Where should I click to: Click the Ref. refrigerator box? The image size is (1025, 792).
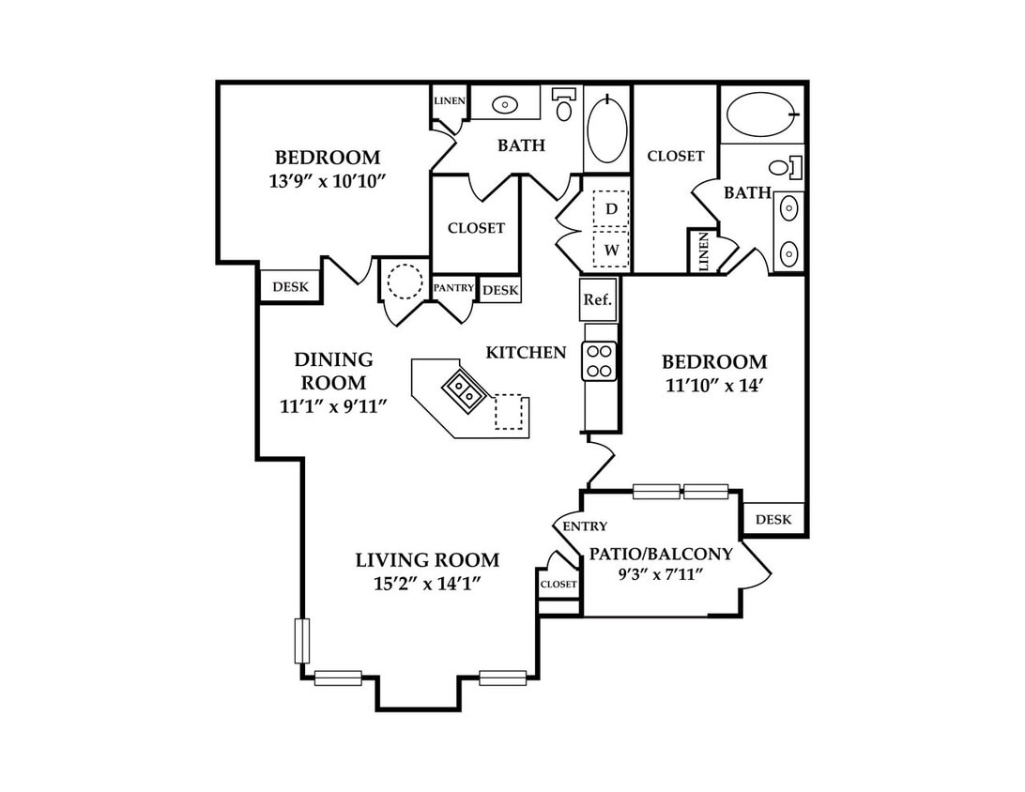point(598,298)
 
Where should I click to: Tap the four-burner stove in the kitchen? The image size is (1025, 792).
point(600,361)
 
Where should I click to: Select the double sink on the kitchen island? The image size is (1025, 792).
point(464,390)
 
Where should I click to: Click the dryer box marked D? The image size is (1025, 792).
point(611,208)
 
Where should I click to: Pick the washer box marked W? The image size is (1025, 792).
point(611,249)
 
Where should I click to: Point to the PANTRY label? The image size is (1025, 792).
point(453,287)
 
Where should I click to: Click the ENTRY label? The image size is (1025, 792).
point(585,526)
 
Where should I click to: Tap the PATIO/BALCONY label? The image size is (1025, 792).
point(661,555)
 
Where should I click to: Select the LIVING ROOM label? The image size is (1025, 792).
point(427,560)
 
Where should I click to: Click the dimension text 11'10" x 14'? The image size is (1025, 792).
point(714,386)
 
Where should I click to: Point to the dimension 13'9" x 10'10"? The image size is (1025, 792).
point(324,181)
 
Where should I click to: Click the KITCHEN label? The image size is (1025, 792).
point(527,353)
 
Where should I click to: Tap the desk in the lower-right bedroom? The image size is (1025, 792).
point(773,519)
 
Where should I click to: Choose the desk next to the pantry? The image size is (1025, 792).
point(500,290)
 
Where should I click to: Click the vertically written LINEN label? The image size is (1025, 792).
point(703,251)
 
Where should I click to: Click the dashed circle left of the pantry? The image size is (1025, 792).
point(405,281)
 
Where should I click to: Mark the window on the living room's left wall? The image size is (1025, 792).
point(302,640)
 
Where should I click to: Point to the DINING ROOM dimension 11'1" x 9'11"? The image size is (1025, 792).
point(333,406)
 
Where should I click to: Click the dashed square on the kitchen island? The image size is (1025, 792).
point(510,411)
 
